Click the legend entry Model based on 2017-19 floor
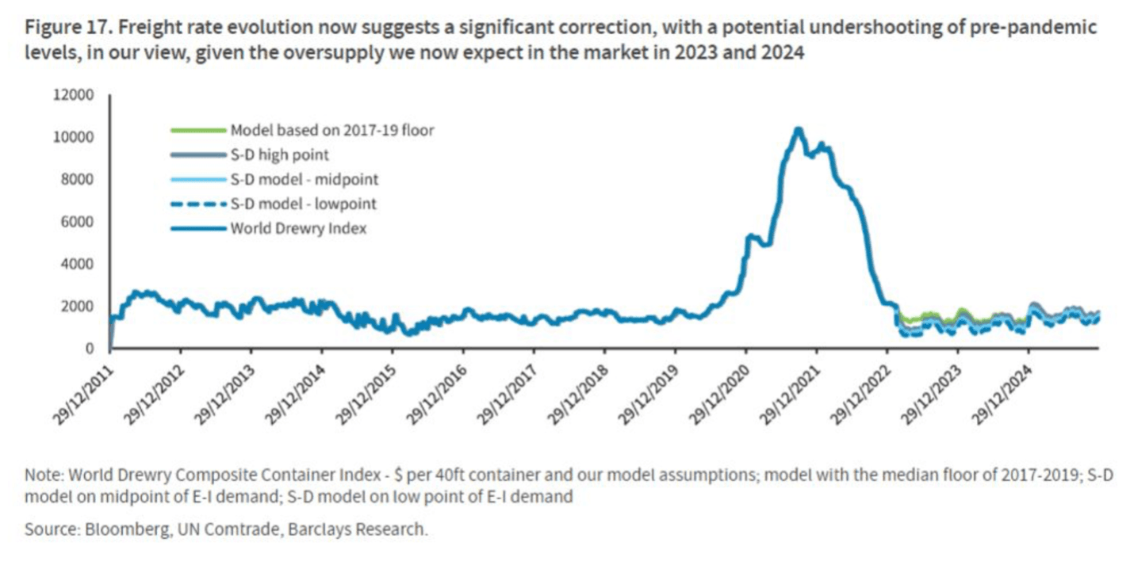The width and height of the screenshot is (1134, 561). (331, 130)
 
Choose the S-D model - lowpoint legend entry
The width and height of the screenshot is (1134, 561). (303, 204)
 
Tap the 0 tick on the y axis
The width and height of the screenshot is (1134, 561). (90, 349)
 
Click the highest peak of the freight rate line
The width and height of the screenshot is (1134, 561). (799, 129)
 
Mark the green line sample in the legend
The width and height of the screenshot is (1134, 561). (198, 130)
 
